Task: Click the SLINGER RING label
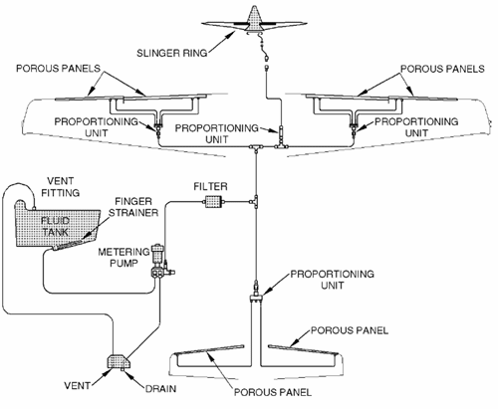pyautogui.click(x=172, y=53)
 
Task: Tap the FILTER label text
pyautogui.click(x=210, y=186)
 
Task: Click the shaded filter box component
pyautogui.click(x=213, y=202)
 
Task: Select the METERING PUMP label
pyautogui.click(x=124, y=258)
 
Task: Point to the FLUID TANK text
pyautogui.click(x=56, y=226)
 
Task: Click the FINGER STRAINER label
pyautogui.click(x=133, y=207)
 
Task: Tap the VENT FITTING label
pyautogui.click(x=60, y=187)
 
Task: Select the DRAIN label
pyautogui.click(x=160, y=388)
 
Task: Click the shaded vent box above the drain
pyautogui.click(x=118, y=361)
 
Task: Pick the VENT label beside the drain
pyautogui.click(x=77, y=385)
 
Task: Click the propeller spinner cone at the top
pyautogui.click(x=254, y=19)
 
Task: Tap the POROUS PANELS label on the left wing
pyautogui.click(x=58, y=69)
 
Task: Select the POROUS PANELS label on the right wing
pyautogui.click(x=442, y=69)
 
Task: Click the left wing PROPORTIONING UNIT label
pyautogui.click(x=96, y=127)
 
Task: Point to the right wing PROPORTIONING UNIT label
pyautogui.click(x=416, y=127)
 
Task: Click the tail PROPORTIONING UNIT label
pyautogui.click(x=332, y=280)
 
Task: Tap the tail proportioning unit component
pyautogui.click(x=256, y=293)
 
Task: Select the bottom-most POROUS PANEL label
pyautogui.click(x=273, y=392)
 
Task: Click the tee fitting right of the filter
pyautogui.click(x=255, y=202)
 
